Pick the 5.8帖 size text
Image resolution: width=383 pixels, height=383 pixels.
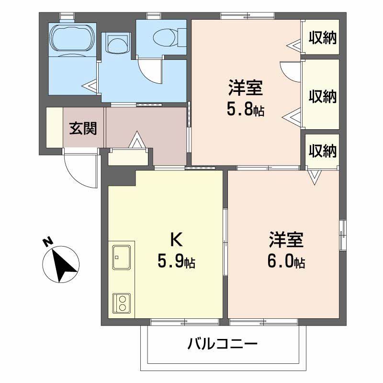coord(245,110)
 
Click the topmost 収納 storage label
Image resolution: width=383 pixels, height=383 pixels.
coord(322,37)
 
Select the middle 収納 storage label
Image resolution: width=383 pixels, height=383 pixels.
coord(322,96)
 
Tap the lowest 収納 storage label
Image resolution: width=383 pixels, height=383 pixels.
coord(322,151)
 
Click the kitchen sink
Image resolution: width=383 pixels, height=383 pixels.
coord(122,258)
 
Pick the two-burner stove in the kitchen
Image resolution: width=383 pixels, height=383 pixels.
coord(122,303)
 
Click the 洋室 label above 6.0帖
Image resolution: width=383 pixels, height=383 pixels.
coord(286,240)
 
